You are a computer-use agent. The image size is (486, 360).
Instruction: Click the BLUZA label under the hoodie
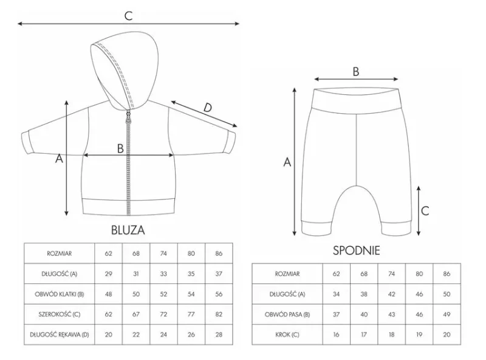(x=128, y=230)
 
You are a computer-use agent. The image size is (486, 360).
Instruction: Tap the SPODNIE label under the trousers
(x=356, y=251)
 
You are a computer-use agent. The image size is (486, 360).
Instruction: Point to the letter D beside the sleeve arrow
(x=207, y=108)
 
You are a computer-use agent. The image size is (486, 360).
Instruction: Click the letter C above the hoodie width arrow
(x=128, y=16)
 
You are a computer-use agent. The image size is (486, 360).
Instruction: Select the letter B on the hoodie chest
(x=120, y=148)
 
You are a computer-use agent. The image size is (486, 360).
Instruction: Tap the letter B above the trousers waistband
(x=356, y=71)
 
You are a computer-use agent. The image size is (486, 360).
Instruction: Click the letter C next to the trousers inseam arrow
(x=425, y=211)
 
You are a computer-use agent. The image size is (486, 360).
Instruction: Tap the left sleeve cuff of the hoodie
(x=27, y=142)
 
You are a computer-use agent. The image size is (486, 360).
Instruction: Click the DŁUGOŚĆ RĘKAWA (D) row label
(x=59, y=334)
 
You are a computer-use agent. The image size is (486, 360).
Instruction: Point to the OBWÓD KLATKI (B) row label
(x=59, y=294)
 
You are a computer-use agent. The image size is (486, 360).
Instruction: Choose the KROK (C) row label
(x=287, y=334)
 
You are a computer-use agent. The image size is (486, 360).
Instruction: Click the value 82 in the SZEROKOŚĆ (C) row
(x=219, y=314)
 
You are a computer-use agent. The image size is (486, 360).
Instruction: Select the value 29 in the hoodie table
(x=109, y=274)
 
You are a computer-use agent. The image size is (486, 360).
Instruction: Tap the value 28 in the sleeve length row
(x=219, y=334)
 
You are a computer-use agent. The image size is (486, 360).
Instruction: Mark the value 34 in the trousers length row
(x=337, y=294)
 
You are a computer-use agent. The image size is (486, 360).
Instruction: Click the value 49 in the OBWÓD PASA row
(x=447, y=314)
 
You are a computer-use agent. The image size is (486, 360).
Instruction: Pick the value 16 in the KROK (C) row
(x=337, y=334)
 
